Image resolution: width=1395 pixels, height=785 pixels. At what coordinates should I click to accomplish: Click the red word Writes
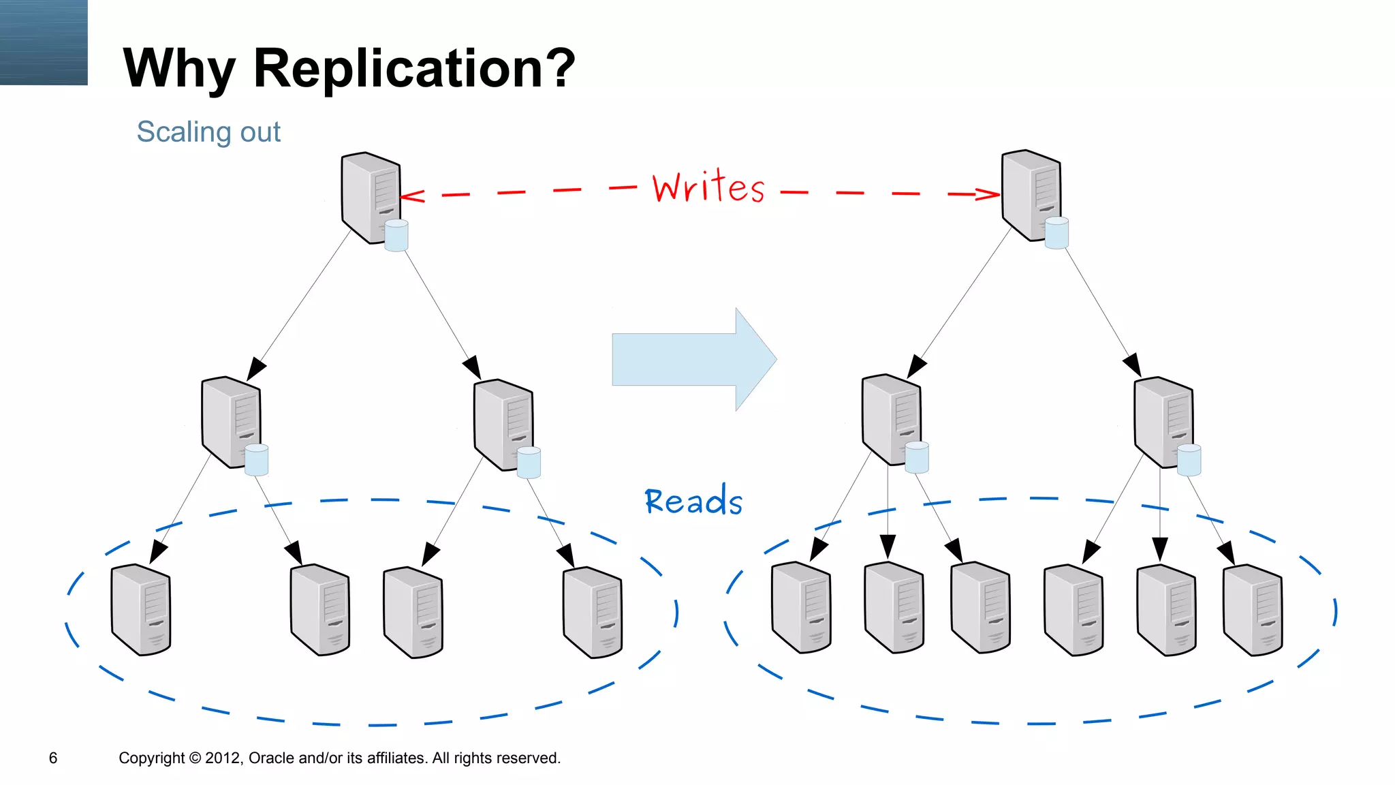tap(708, 187)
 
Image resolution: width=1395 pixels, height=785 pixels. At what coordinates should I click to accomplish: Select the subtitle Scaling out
tap(208, 132)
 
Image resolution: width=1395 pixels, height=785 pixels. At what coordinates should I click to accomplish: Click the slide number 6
tap(53, 758)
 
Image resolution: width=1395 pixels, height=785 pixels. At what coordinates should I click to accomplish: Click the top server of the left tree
tap(370, 197)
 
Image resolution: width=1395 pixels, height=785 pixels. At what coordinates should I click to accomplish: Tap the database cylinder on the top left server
tap(396, 236)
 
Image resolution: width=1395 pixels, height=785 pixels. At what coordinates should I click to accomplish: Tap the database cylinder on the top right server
tap(1056, 233)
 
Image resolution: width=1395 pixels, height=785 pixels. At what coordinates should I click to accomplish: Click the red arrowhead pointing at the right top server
tap(990, 194)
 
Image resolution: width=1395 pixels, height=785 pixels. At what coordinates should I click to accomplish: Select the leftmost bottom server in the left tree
tap(141, 609)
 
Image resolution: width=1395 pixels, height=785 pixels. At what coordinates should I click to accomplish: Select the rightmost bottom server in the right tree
tap(1253, 609)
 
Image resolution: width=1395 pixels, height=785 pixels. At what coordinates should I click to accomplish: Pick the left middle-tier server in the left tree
tap(230, 421)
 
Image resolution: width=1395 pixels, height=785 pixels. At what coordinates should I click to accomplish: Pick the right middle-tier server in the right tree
tap(1163, 421)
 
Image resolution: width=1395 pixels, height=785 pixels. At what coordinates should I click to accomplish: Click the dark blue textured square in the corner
tap(44, 42)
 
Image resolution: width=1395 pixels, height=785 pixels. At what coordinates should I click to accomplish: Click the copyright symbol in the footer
tap(195, 758)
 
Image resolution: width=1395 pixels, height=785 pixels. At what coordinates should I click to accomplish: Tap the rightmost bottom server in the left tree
tap(593, 612)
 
